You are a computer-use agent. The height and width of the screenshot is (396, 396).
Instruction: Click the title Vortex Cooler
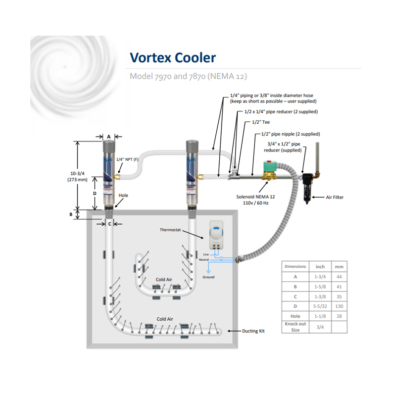pos(173,58)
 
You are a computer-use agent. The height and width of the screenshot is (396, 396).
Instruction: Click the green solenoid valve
pos(269,170)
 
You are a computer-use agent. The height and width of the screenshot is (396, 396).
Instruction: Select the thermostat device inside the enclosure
pos(216,235)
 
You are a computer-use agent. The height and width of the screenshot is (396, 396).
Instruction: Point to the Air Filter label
pos(335,197)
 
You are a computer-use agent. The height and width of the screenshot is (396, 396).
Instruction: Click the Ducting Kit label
pos(253,331)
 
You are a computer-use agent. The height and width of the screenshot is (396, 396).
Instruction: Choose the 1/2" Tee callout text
pos(261,122)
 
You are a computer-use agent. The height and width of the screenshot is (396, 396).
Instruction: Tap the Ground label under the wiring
pos(208,277)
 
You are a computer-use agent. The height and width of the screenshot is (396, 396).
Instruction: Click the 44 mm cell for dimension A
pos(339,277)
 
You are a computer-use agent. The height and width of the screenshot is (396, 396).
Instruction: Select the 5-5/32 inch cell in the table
pos(320,306)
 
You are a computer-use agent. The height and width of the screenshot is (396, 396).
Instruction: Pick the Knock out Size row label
pos(295,327)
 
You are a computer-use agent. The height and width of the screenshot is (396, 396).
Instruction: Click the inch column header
pos(320,267)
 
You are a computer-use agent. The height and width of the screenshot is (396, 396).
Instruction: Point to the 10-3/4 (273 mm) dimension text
pos(77,177)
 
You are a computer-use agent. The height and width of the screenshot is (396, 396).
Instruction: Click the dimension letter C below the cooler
pos(109,224)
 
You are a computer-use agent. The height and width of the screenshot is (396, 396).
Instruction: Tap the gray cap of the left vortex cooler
pos(109,146)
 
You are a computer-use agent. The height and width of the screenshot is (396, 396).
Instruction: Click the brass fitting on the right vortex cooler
pos(200,177)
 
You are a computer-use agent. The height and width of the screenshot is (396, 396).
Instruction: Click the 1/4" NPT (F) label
pos(127,159)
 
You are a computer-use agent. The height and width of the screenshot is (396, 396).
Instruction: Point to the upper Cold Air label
pos(164,280)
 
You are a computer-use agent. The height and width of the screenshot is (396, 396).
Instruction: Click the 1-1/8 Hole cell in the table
pos(320,316)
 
